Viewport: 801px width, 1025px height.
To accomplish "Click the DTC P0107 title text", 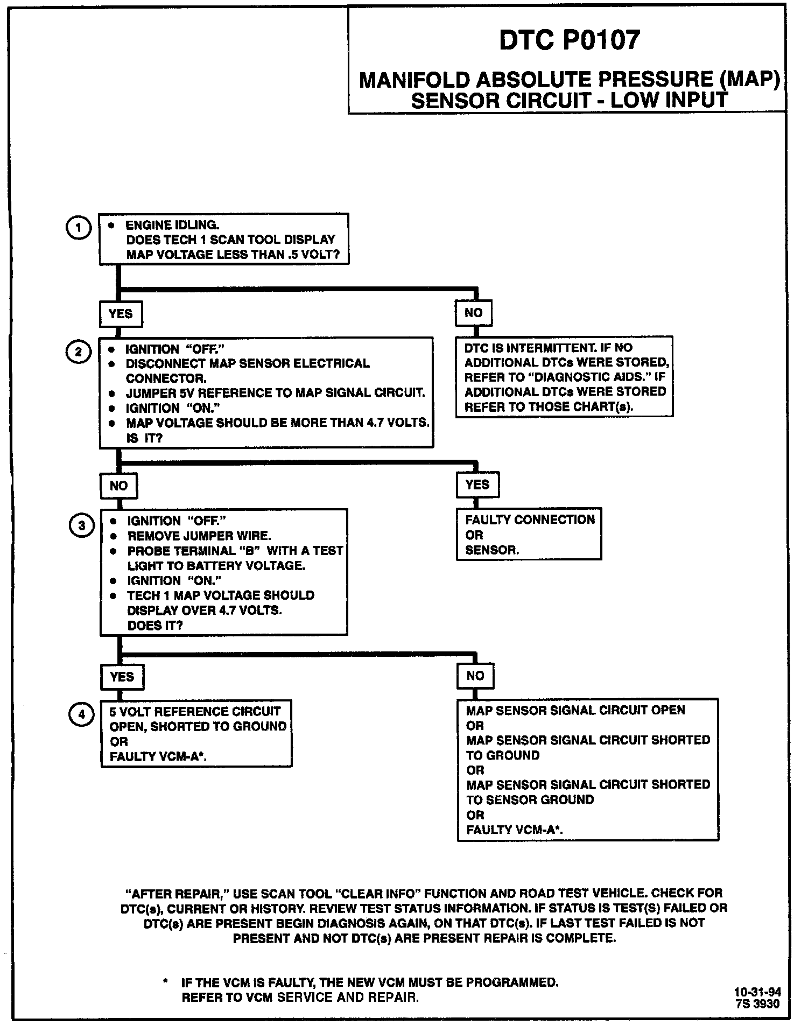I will click(x=570, y=40).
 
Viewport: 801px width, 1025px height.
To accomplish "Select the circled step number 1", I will click(x=79, y=228).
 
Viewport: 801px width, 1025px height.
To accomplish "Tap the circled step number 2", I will click(x=79, y=352).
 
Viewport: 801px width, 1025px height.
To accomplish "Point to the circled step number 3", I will click(x=81, y=525).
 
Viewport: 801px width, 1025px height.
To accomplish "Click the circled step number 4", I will click(x=81, y=714).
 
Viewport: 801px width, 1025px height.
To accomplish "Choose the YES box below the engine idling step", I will click(x=121, y=314).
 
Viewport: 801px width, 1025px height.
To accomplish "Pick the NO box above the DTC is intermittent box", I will click(x=473, y=313).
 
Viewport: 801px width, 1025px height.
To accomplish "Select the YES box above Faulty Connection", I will click(x=477, y=485).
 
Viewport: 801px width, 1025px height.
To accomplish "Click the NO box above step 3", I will click(x=118, y=486).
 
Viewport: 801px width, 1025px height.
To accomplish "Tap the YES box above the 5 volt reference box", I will click(x=122, y=677).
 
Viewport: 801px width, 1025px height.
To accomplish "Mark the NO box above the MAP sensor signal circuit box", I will click(x=475, y=676).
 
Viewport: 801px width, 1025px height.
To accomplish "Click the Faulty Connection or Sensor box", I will click(x=529, y=534).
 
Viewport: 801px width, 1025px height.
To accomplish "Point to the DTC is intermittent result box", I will click(x=564, y=377).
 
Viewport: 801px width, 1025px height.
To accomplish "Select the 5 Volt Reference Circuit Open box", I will click(x=196, y=734).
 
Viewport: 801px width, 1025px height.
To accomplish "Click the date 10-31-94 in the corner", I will click(x=757, y=992).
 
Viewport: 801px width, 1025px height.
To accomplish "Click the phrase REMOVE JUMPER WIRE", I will click(x=199, y=536).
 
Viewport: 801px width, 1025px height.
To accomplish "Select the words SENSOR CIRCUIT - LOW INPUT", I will click(x=569, y=101).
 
